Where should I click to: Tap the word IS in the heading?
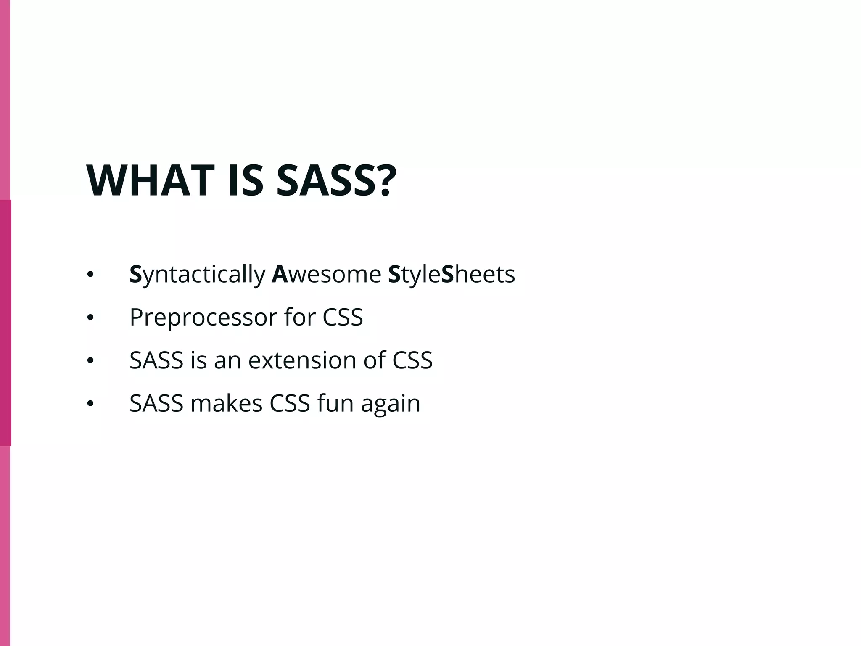coord(246,181)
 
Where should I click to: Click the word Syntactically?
coord(197,275)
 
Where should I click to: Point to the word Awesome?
coord(326,275)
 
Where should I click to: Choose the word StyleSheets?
coord(452,275)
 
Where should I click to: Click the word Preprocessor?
coord(203,318)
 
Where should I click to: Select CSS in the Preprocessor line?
coord(343,318)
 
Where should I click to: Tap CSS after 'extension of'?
coord(412,360)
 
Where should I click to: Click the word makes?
coord(227,403)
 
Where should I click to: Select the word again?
coord(391,404)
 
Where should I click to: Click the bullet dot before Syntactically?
coord(90,275)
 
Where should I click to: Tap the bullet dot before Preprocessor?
coord(90,318)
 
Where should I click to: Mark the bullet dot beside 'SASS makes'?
coord(90,404)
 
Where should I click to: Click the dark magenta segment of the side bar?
coord(5,323)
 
